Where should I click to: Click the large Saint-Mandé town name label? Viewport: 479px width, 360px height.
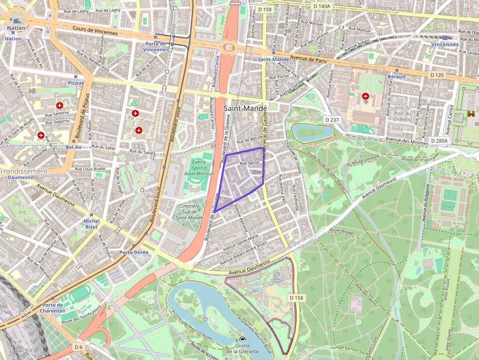pos(245,108)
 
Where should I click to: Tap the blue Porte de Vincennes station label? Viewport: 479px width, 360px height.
pos(156,46)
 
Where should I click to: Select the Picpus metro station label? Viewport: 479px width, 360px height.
pos(76,83)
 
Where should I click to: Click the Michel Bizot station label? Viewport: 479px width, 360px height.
pos(91,224)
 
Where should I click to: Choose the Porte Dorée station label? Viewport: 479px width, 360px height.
pos(133,253)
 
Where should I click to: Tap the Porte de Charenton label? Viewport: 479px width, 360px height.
pos(53,307)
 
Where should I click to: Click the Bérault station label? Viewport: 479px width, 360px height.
pos(396,77)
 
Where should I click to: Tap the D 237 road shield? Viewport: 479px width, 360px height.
pos(332,120)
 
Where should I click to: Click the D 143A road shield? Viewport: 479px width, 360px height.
pos(321,6)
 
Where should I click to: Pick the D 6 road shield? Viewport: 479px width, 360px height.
pos(79,346)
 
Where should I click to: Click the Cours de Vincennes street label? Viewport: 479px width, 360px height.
pos(95,30)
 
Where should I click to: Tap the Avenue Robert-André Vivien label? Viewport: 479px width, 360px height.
pos(245,246)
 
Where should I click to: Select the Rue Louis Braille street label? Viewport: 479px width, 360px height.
pos(90,169)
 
